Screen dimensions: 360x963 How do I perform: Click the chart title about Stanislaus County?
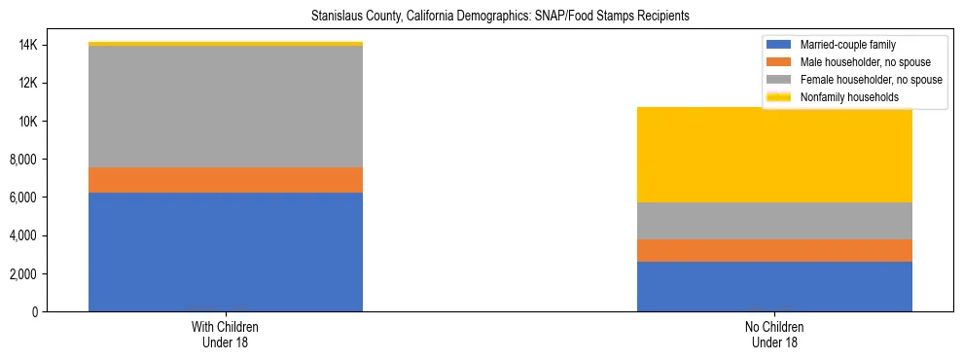click(500, 17)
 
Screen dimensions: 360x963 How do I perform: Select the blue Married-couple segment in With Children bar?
click(226, 252)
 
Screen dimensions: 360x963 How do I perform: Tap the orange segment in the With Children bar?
click(226, 180)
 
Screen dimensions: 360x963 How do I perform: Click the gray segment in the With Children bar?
click(226, 107)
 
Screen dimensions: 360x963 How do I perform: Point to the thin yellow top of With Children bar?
click(226, 44)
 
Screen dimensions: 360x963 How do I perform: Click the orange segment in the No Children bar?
click(774, 250)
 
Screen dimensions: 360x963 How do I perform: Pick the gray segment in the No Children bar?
click(774, 221)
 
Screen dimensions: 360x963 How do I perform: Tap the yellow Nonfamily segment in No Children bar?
click(774, 155)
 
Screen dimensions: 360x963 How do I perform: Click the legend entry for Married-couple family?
click(847, 45)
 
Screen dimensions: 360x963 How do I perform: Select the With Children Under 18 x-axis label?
click(226, 334)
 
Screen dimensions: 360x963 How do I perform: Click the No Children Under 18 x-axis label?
click(774, 334)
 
